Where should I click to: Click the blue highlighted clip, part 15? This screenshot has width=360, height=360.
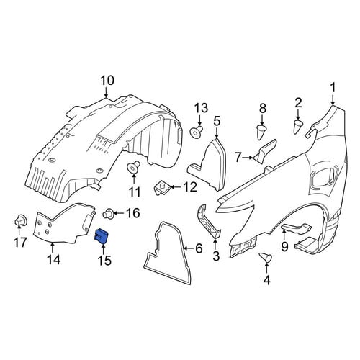(102, 235)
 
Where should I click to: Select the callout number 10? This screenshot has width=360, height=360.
(107, 81)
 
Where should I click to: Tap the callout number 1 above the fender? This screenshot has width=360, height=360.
(333, 88)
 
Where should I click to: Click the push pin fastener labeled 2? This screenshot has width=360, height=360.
(298, 127)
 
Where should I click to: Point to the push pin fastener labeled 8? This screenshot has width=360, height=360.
(262, 132)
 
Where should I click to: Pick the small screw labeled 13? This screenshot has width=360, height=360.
(197, 132)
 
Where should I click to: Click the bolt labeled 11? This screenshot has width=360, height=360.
(134, 167)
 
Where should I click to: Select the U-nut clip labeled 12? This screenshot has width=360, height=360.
(163, 189)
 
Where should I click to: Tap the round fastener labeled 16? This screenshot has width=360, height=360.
(107, 213)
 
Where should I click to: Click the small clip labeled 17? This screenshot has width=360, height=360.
(20, 220)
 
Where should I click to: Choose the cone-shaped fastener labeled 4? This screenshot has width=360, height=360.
(266, 257)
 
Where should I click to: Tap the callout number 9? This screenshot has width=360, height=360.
(284, 246)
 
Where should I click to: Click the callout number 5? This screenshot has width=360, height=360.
(217, 122)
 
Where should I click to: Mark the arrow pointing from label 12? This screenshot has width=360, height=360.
(176, 187)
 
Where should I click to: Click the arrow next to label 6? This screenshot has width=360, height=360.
(189, 248)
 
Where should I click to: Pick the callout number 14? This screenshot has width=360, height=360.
(53, 259)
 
